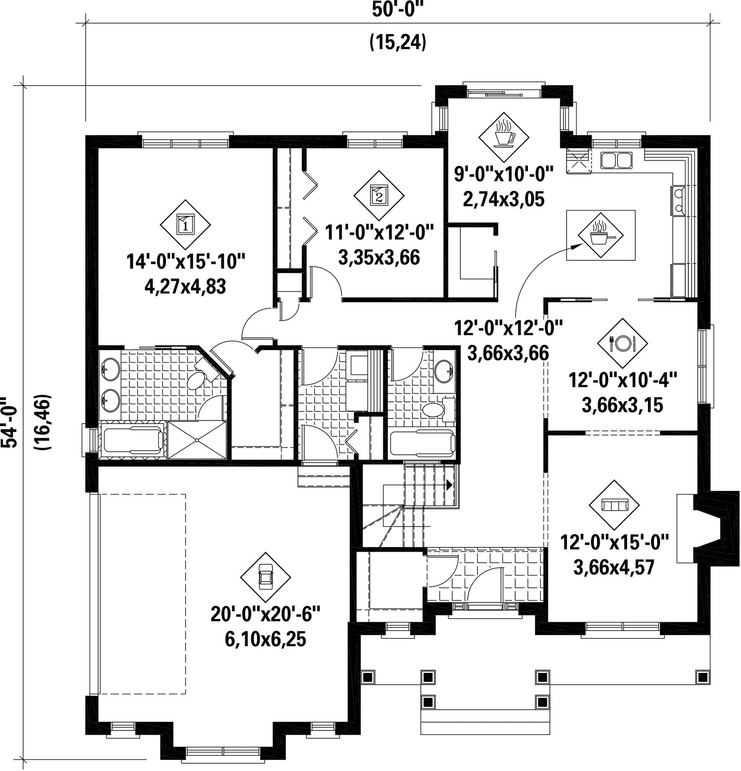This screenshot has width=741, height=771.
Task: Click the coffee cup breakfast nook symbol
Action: (504, 137)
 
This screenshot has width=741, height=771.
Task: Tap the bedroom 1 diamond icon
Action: (185, 224)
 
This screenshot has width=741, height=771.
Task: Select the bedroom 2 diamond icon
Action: (379, 195)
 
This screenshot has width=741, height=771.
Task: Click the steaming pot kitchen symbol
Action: (600, 235)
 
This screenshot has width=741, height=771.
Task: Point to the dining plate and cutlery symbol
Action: (622, 343)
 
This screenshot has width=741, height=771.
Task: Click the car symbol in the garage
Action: (266, 577)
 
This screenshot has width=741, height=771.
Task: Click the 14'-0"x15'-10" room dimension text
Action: (186, 261)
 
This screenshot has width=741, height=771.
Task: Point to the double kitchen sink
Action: (616, 160)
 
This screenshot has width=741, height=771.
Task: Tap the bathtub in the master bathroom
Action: (133, 440)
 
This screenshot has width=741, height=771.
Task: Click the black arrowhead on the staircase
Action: (449, 485)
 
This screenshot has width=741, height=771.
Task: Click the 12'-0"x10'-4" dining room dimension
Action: (623, 380)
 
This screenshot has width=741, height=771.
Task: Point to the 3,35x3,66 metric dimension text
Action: (379, 257)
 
